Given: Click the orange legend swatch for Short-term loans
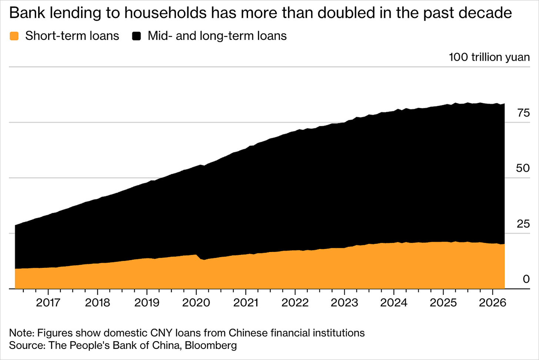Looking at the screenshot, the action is pos(14,36).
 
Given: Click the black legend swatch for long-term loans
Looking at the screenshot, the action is pos(137,36).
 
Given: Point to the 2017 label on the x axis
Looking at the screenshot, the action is pos(48,303).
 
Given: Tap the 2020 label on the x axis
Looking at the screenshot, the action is pos(196,303).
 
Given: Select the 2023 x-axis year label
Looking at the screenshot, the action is pos(344,303).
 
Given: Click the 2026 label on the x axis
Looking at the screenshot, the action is pos(493,303).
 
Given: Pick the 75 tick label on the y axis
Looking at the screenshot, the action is pos(523,113).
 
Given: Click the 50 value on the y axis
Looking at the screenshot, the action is pos(523,168).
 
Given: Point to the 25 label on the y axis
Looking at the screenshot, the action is pos(523,224).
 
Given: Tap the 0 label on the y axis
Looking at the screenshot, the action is pos(526,279).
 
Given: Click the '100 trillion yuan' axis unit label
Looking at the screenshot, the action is pos(489,57).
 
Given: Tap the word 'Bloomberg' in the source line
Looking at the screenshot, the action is pos(211,345).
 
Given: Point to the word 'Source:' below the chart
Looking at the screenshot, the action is pos(27,345).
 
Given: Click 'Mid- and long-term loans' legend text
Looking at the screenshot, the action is pos(217,36).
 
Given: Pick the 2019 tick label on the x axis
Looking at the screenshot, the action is pos(147,303).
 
